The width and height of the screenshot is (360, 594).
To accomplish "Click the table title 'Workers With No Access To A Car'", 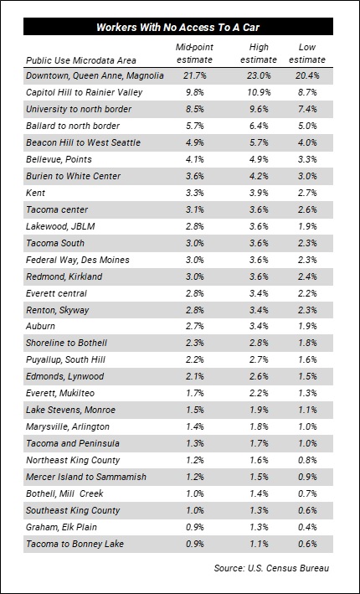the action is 178,27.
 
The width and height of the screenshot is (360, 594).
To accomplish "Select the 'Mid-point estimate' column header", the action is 194,54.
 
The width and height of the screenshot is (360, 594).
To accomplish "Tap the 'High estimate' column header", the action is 259,54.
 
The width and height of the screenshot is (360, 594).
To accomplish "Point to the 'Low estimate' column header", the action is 307,54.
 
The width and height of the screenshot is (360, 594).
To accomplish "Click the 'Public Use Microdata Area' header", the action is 81,60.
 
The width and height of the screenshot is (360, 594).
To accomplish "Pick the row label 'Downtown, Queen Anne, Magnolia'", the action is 95,75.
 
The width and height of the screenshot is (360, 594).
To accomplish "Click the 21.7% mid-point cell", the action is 194,75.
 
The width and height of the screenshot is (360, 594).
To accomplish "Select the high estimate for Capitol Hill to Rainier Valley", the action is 259,92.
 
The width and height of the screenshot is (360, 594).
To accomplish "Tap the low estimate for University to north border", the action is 307,109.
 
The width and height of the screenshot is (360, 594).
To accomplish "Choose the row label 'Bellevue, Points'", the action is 59,159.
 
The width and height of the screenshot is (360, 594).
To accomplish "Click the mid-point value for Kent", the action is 194,193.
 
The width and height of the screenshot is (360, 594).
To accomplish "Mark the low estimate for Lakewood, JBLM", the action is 307,226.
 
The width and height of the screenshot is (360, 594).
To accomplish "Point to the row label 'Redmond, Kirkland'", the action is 64,276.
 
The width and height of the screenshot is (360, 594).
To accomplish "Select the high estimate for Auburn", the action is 259,327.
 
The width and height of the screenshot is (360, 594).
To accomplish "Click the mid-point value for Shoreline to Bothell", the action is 194,343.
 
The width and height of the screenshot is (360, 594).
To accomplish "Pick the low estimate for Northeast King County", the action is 307,460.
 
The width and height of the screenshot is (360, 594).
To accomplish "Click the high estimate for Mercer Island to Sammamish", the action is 259,477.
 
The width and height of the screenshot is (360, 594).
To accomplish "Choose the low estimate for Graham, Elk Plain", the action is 307,527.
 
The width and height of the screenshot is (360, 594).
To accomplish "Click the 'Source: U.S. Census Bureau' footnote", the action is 271,568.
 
